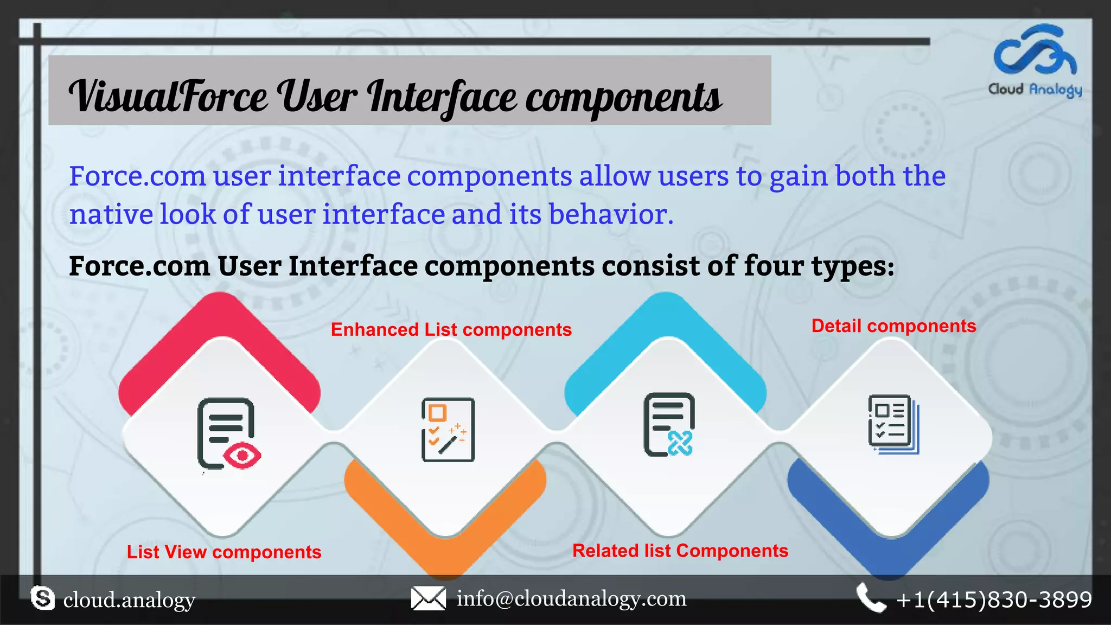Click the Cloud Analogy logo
pos(1035,60)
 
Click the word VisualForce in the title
pos(168,97)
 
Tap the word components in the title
pos(623,98)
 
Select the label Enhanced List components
pos(451,330)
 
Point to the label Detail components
pos(893,326)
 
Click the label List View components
pos(224,552)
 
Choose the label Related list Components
pos(680,551)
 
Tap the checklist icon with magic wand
pos(448,430)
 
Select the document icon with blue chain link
pos(669,424)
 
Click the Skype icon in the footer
pos(42,598)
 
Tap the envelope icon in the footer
pos(428,598)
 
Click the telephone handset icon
pos(870,598)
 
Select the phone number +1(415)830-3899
pos(994,600)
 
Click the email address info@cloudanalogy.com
pos(571,598)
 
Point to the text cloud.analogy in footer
pos(129,600)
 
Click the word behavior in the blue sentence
pos(611,214)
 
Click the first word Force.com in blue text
pos(137,176)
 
